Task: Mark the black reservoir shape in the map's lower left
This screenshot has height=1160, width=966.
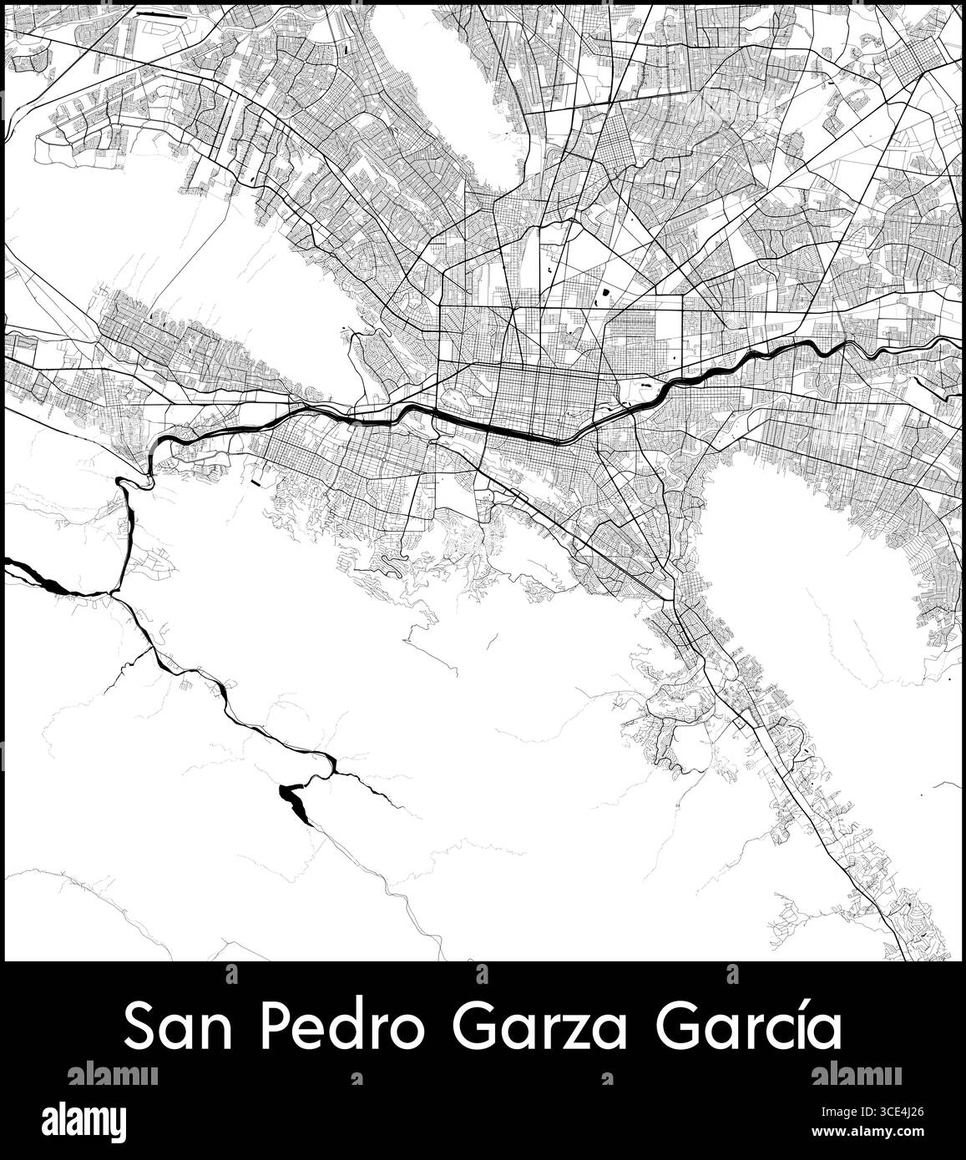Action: pos(293,799)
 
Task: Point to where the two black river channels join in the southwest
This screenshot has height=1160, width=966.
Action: pos(114,593)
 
